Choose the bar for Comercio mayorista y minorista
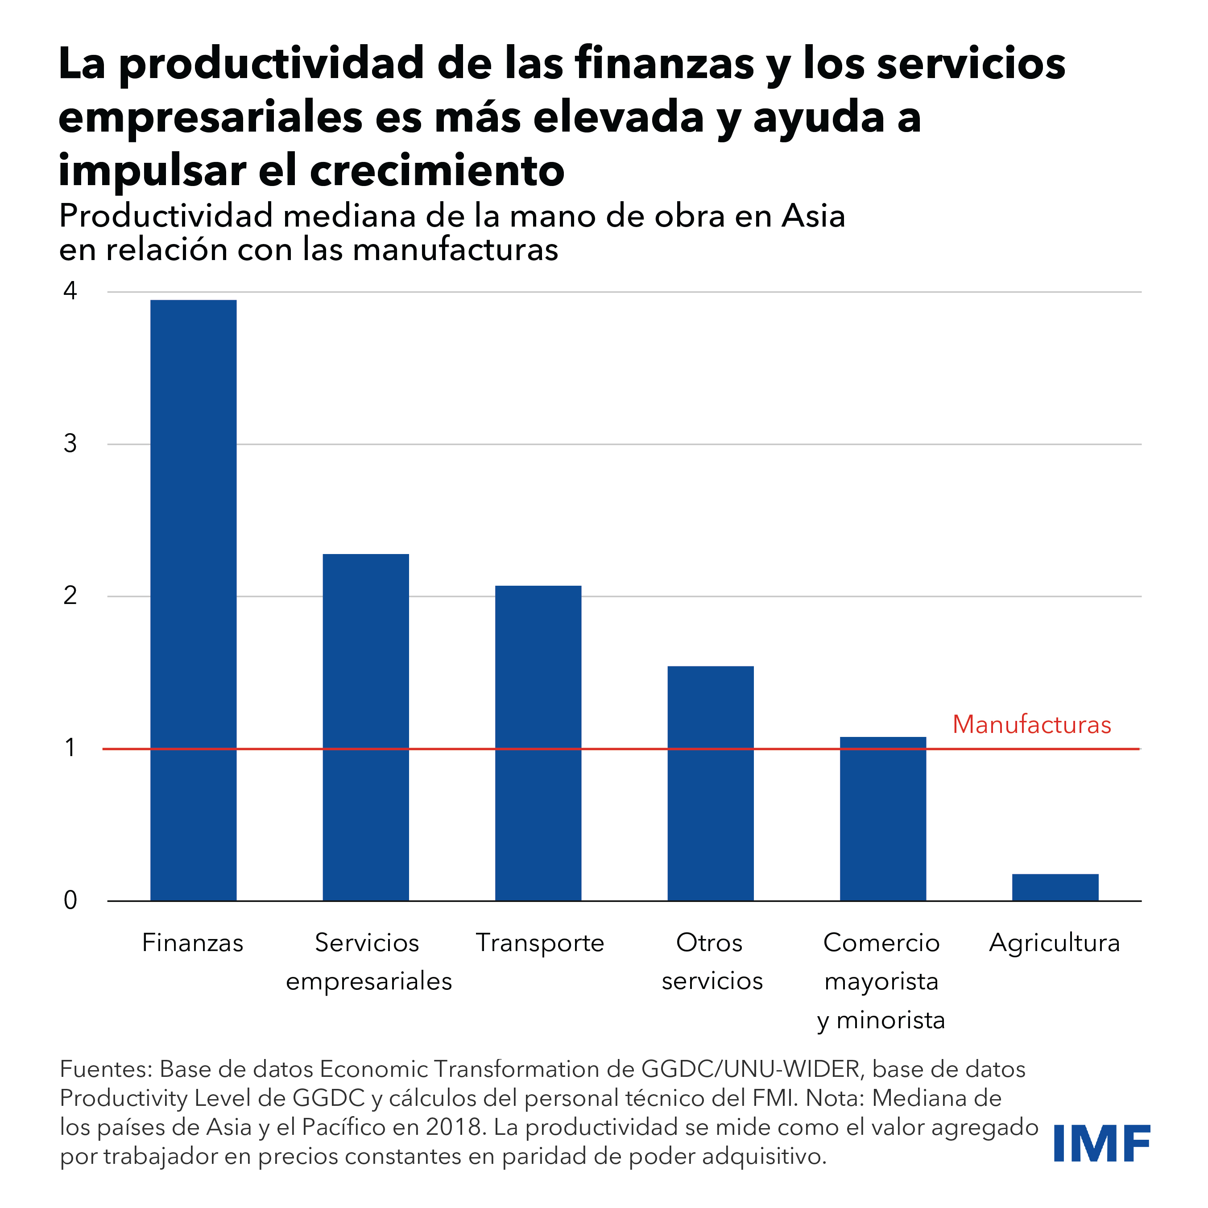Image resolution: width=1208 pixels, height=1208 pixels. click(883, 819)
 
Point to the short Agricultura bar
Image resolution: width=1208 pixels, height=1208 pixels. click(1055, 887)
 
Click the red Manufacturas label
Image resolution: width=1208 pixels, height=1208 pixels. click(1032, 725)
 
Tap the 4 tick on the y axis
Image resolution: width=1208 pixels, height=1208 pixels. click(70, 291)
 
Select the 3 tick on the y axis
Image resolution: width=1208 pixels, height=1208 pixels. click(70, 443)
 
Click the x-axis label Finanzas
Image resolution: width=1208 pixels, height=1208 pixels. click(193, 942)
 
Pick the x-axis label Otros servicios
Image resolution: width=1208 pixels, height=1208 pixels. click(712, 962)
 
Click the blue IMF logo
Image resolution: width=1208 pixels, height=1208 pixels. click(1102, 1144)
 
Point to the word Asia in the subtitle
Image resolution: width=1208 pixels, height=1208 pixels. click(813, 216)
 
